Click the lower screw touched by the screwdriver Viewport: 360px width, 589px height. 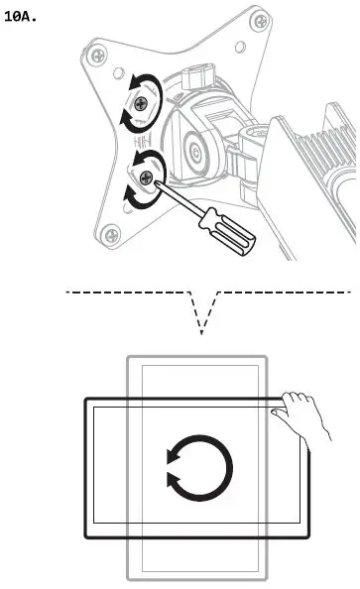147,177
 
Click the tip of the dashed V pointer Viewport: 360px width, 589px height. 201,333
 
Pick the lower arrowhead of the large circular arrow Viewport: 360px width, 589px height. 176,484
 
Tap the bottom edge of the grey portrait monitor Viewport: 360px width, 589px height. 197,578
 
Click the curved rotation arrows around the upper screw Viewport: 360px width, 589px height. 128,100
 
